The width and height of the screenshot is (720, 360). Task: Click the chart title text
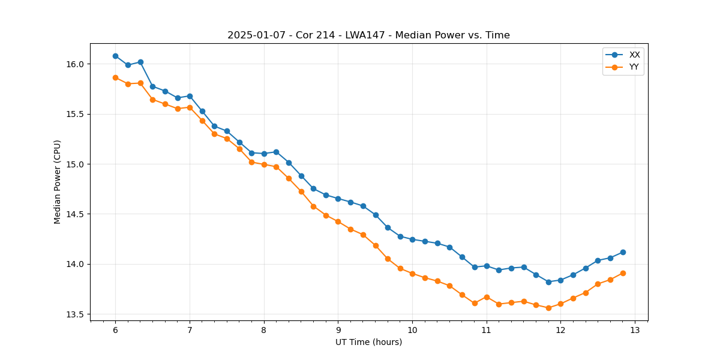coord(368,35)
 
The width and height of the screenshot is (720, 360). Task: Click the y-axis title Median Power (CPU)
coord(58,182)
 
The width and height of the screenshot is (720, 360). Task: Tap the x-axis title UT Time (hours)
coord(368,342)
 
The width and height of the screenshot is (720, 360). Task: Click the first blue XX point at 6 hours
coord(115,56)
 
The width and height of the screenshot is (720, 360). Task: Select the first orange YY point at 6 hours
coord(115,77)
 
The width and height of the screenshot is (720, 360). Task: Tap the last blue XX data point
coord(623,252)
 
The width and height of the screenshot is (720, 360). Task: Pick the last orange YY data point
coord(623,273)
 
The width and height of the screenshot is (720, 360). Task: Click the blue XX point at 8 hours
coord(264,154)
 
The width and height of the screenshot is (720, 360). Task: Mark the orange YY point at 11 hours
coord(487,297)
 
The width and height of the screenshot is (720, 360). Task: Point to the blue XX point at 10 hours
coord(412,239)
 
